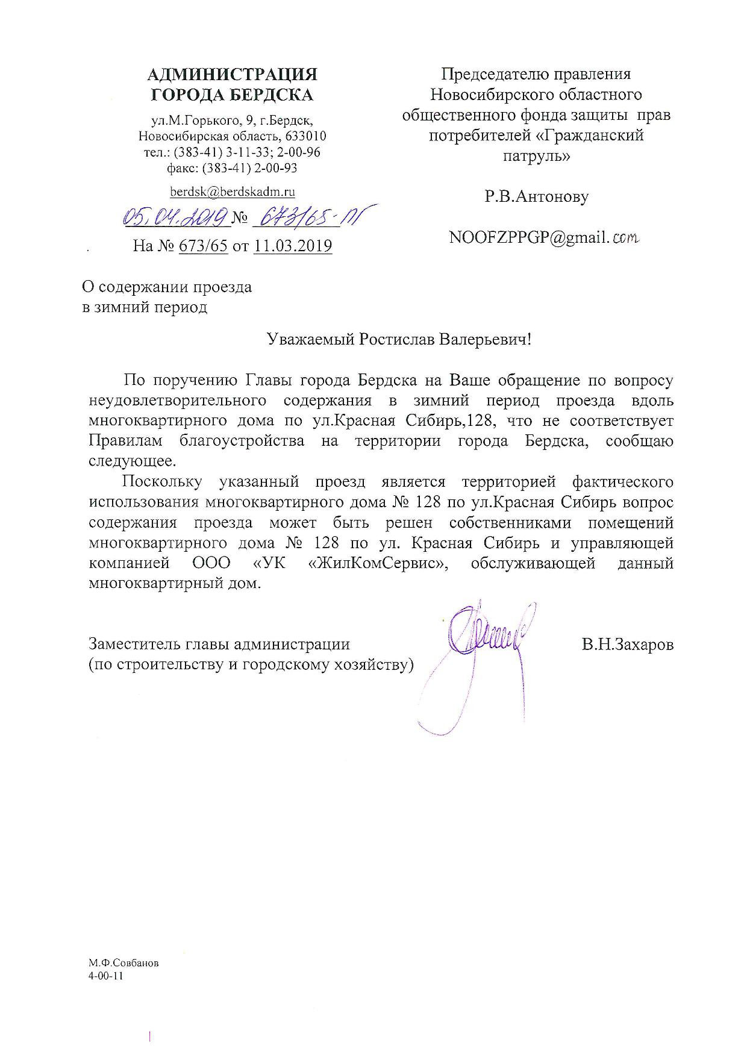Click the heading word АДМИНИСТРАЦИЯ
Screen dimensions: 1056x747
pyautogui.click(x=233, y=75)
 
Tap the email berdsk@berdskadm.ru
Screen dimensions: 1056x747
pyautogui.click(x=233, y=192)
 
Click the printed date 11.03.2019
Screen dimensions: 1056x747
pyautogui.click(x=293, y=246)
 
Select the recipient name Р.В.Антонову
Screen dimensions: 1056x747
pyautogui.click(x=537, y=196)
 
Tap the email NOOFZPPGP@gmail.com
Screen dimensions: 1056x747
pyautogui.click(x=543, y=238)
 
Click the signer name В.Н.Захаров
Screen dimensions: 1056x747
pyautogui.click(x=627, y=644)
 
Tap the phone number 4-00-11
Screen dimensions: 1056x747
pyautogui.click(x=105, y=976)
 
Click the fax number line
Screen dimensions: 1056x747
pyautogui.click(x=233, y=168)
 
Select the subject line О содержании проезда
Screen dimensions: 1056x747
pyautogui.click(x=167, y=287)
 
